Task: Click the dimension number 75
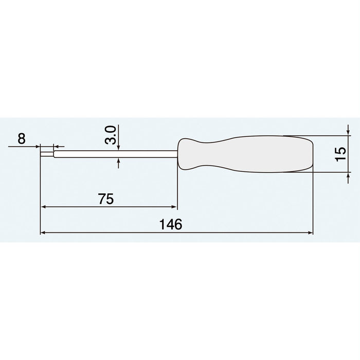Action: pos(106,199)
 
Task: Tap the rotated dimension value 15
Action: pos(339,154)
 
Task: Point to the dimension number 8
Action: pos(21,138)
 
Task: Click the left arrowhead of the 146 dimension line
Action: pos(43,233)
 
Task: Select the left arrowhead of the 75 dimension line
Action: pos(43,207)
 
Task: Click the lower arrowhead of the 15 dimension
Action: pos(349,175)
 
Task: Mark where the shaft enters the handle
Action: pos(177,154)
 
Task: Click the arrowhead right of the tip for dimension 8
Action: pos(56,147)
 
